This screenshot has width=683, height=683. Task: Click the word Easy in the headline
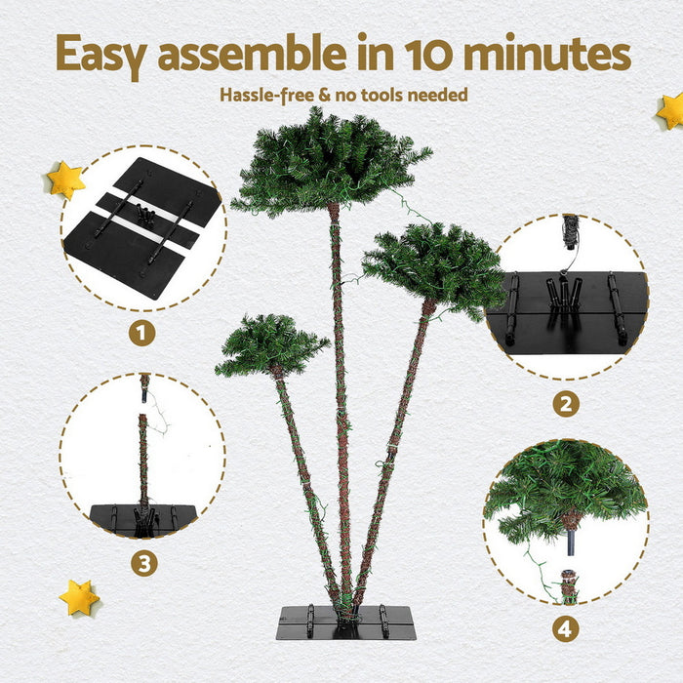(101, 55)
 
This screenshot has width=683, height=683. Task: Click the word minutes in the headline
(546, 55)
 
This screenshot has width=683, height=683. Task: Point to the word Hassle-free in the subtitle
(262, 95)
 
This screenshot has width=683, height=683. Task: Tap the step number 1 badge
(142, 333)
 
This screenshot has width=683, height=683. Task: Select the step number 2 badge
(565, 403)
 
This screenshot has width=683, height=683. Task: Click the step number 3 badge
(144, 563)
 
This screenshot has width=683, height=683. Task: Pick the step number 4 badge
(565, 628)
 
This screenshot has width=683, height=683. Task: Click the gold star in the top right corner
(671, 110)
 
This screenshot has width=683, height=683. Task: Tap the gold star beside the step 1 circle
(65, 180)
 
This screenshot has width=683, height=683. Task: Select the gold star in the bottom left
(78, 597)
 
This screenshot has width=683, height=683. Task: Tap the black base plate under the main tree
(346, 623)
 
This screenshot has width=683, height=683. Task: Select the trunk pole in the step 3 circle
(143, 459)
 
